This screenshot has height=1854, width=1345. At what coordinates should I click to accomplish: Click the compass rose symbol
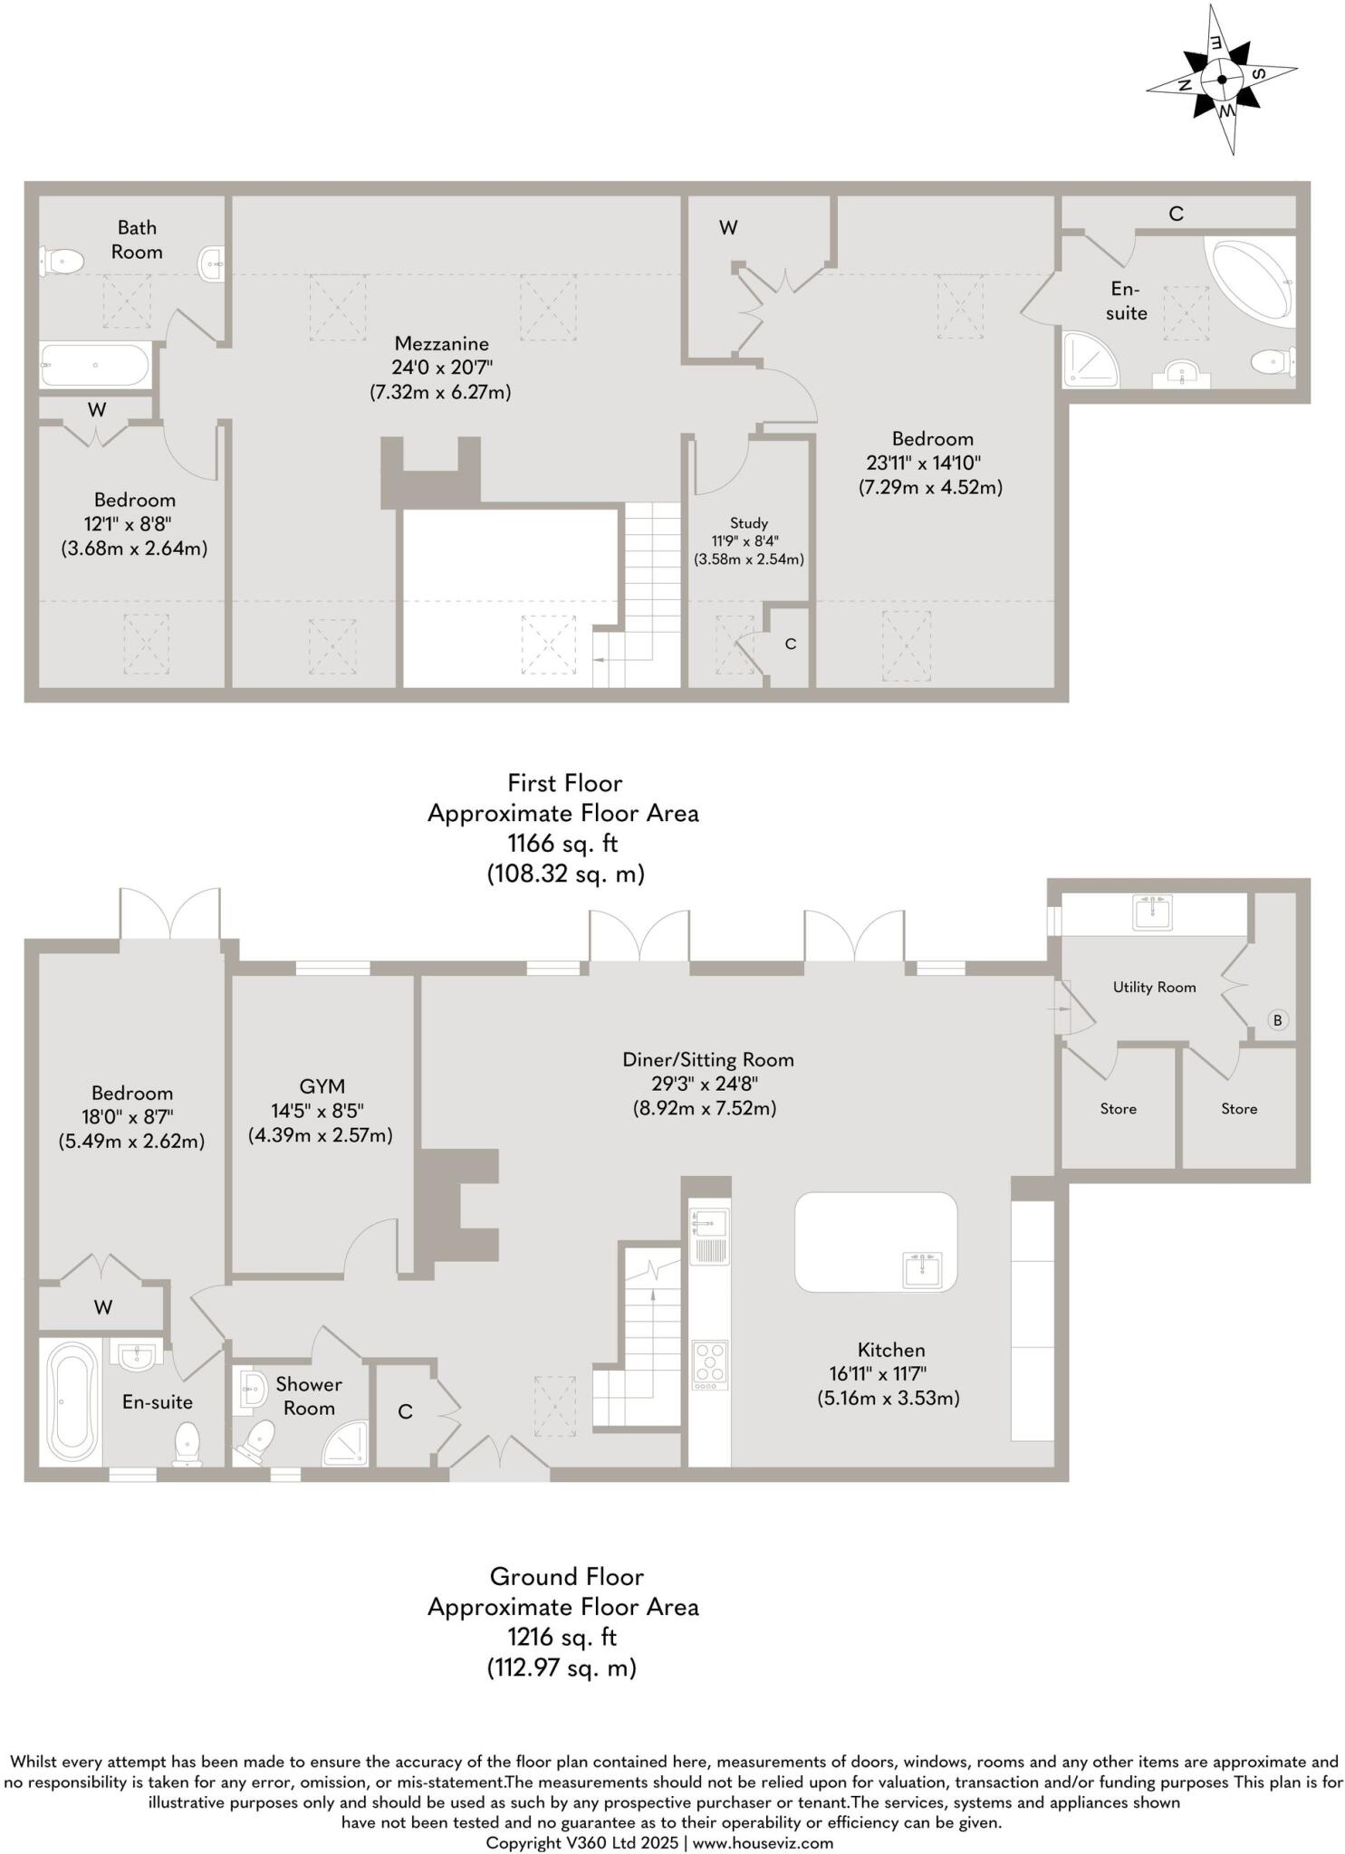[1222, 80]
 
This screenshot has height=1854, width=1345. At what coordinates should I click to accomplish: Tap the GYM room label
[322, 1085]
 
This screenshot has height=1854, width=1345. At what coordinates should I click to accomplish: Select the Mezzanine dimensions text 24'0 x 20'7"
[442, 368]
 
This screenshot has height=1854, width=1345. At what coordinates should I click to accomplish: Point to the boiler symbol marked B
[1277, 1020]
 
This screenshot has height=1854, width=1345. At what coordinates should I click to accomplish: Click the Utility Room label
[1154, 987]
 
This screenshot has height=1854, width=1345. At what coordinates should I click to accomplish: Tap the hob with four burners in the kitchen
[709, 1364]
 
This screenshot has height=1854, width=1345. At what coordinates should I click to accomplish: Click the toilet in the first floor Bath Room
[62, 262]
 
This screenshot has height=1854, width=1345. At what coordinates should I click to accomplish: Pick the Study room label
[748, 522]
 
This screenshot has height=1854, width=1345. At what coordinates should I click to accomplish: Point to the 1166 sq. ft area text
[562, 844]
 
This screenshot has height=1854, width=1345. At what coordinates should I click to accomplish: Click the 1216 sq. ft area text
[562, 1637]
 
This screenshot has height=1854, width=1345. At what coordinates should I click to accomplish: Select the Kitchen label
[891, 1349]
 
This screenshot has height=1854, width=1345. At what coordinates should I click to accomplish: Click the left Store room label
[1118, 1108]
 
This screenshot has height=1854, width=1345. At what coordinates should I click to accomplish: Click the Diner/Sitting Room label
[707, 1059]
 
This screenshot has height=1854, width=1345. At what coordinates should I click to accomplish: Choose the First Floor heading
[564, 782]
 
